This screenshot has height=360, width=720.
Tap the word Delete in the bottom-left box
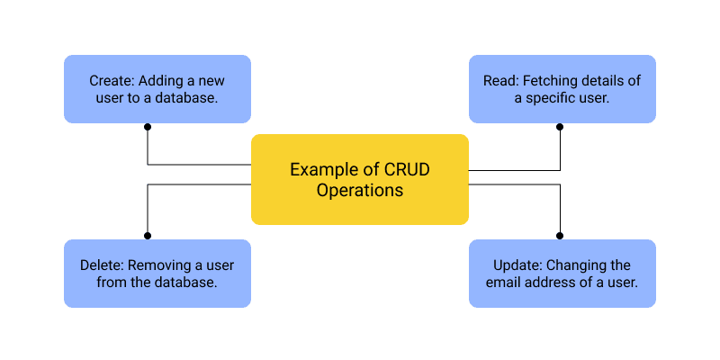coord(101,265)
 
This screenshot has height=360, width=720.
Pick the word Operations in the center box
coord(360,191)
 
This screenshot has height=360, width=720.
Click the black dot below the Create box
coord(148,127)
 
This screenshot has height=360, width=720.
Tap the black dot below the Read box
coord(560,127)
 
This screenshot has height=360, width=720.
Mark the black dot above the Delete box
coord(148,235)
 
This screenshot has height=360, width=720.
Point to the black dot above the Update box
coord(560,235)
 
